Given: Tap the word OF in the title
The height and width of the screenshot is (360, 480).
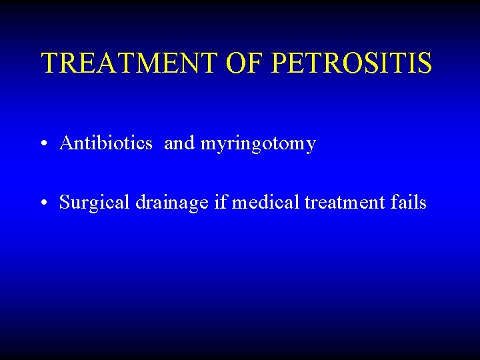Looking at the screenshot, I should pos(246,63).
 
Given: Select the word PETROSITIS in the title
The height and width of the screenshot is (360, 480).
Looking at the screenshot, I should pos(353,63).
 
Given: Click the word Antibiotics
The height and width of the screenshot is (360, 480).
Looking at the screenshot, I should pos(105,143).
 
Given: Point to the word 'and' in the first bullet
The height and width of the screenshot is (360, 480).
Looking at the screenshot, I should pos(178,143).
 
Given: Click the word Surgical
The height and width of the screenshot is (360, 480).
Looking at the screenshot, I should pos(95,203).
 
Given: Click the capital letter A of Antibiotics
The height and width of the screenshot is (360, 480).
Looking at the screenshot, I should pos(65,143).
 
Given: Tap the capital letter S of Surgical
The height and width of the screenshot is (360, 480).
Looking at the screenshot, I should pos(64,203).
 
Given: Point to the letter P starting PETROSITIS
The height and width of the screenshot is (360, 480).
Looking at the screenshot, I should pos(281,63).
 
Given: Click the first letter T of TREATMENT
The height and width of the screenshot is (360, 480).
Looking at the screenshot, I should pos(49,63).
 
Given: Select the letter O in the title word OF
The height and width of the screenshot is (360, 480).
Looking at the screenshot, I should pos(238,63).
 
